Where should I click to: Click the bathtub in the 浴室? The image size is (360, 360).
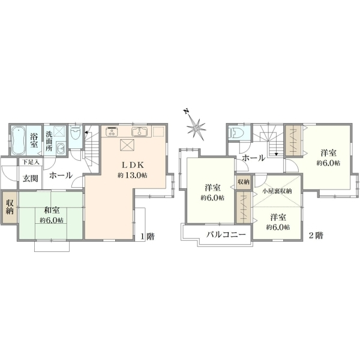pos(18,140)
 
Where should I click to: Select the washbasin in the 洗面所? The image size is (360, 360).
pos(61,149)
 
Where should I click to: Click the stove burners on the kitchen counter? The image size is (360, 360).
pos(112,132)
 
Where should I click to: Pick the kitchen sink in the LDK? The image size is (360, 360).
pos(139,131)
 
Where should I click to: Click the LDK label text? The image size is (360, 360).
pos(133,165)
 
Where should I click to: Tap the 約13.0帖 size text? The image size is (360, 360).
pos(133,175)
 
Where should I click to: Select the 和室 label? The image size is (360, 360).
pos(52,210)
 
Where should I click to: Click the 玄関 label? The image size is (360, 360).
pos(31,178)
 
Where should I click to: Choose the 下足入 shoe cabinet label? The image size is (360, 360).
pos(31,162)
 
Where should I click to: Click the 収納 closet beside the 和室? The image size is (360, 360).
pos(10,207)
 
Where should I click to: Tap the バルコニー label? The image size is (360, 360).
pos(226,235)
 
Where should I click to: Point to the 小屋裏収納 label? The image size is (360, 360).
pos(277,191)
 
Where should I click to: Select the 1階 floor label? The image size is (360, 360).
pos(148,236)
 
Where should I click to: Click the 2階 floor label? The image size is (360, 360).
pos(316,236)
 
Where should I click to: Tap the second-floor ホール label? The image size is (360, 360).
pos(254,158)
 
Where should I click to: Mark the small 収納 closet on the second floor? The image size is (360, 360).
pos(244,182)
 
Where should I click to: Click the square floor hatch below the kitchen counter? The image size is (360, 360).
pos(127,145)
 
